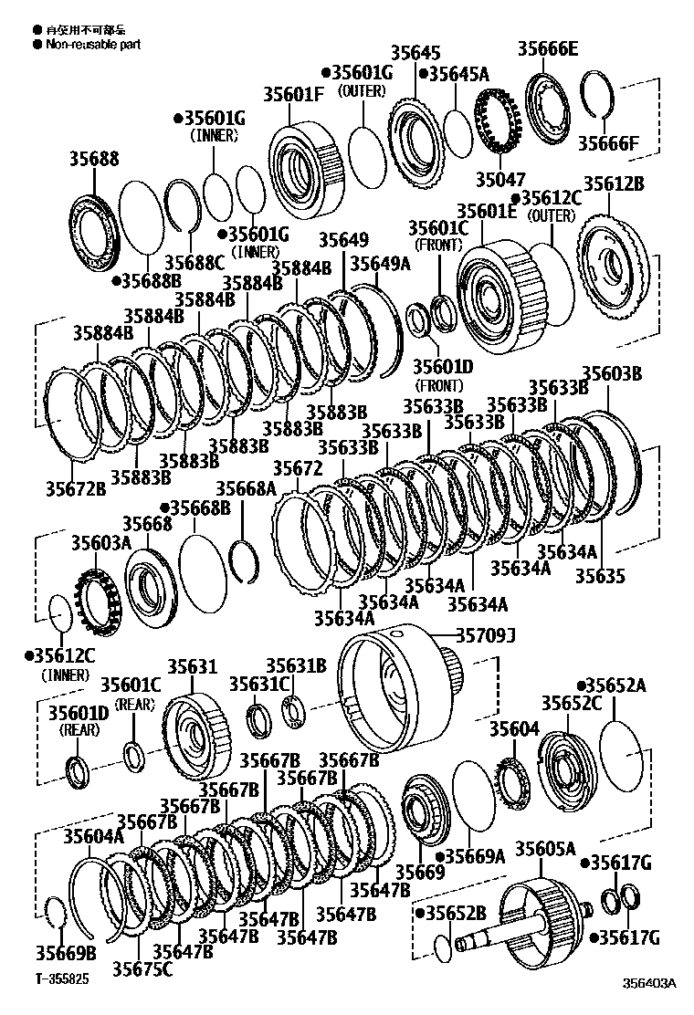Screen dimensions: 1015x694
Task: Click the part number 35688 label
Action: point(94,159)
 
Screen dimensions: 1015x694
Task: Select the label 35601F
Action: point(293,93)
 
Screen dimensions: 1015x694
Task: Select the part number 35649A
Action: point(381,264)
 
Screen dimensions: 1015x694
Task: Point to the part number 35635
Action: point(600,576)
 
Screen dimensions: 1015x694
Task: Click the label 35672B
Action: point(76,489)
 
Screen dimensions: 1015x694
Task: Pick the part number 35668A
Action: point(246,490)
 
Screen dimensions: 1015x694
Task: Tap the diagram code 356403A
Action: point(649,983)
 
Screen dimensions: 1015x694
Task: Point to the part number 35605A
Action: point(545,850)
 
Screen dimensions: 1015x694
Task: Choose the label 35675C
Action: point(142,968)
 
